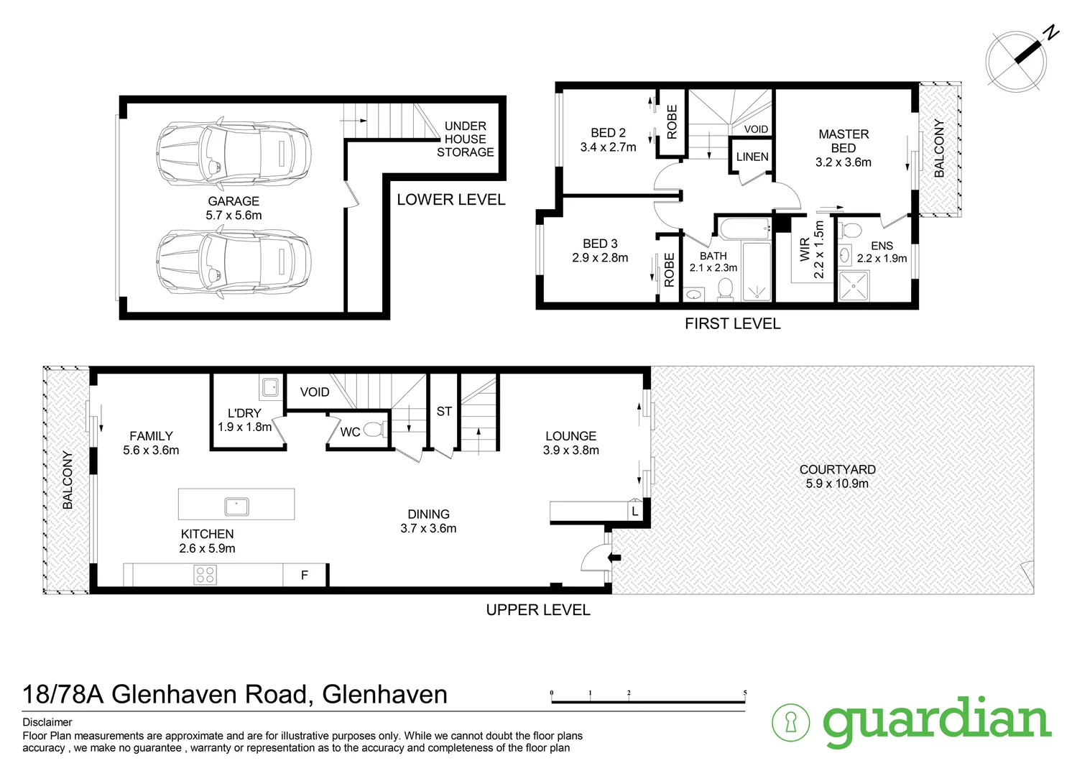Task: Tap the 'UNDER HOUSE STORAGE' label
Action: tap(465, 139)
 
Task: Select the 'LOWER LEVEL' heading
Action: tap(451, 200)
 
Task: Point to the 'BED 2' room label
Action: tap(608, 134)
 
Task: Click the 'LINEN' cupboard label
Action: tap(752, 157)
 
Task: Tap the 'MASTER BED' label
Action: tap(843, 141)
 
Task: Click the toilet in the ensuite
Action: tap(851, 231)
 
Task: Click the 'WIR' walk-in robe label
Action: tap(805, 249)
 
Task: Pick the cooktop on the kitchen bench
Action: tap(205, 575)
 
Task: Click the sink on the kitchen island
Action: tap(236, 506)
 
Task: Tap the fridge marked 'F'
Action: tap(305, 575)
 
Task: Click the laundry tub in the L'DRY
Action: tap(271, 387)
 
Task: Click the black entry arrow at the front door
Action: tap(615, 557)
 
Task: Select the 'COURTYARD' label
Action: tap(837, 469)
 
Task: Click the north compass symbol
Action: tap(1017, 60)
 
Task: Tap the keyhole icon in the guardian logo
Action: tap(790, 721)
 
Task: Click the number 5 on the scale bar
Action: tap(745, 693)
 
